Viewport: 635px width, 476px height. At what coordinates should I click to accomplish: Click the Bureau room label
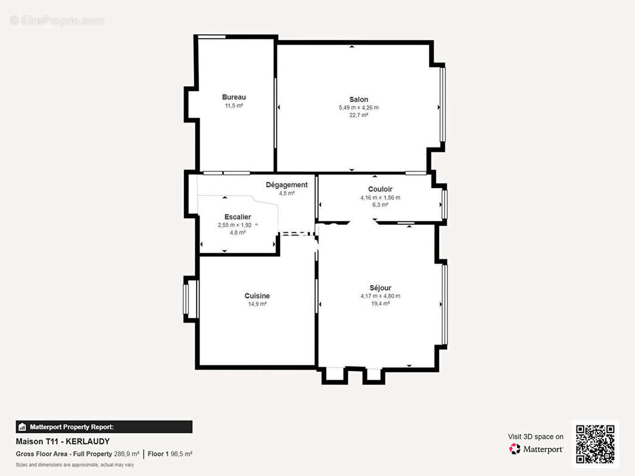[x=234, y=97]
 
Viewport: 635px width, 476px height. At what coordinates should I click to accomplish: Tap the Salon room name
[x=359, y=99]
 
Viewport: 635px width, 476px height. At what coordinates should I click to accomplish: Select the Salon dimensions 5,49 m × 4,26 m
[x=359, y=108]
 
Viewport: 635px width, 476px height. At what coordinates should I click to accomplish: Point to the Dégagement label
[x=287, y=185]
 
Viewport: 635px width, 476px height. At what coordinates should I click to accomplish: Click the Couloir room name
[x=380, y=189]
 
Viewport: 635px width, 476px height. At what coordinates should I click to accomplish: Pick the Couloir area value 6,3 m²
[x=380, y=205]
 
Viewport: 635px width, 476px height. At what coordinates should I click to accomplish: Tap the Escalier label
[x=238, y=217]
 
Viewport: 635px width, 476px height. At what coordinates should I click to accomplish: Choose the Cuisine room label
[x=257, y=296]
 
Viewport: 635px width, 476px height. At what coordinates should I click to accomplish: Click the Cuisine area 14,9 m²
[x=257, y=304]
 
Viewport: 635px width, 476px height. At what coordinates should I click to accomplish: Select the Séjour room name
[x=380, y=288]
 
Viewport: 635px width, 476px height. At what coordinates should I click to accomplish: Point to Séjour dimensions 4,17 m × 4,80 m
[x=380, y=296]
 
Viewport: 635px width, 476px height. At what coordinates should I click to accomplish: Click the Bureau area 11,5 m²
[x=234, y=105]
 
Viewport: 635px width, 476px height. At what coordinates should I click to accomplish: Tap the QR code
[x=595, y=444]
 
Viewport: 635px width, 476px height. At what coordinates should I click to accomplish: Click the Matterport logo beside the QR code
[x=515, y=449]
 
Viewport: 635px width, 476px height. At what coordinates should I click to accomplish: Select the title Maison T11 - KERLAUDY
[x=63, y=441]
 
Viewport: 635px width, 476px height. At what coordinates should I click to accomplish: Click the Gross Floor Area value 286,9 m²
[x=126, y=454]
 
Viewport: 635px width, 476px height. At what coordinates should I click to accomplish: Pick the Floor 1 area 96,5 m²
[x=182, y=454]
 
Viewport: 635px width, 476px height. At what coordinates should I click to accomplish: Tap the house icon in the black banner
[x=22, y=427]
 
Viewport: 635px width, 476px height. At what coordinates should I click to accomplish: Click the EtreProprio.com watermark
[x=57, y=20]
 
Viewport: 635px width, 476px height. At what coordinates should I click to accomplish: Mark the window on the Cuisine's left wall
[x=186, y=299]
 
